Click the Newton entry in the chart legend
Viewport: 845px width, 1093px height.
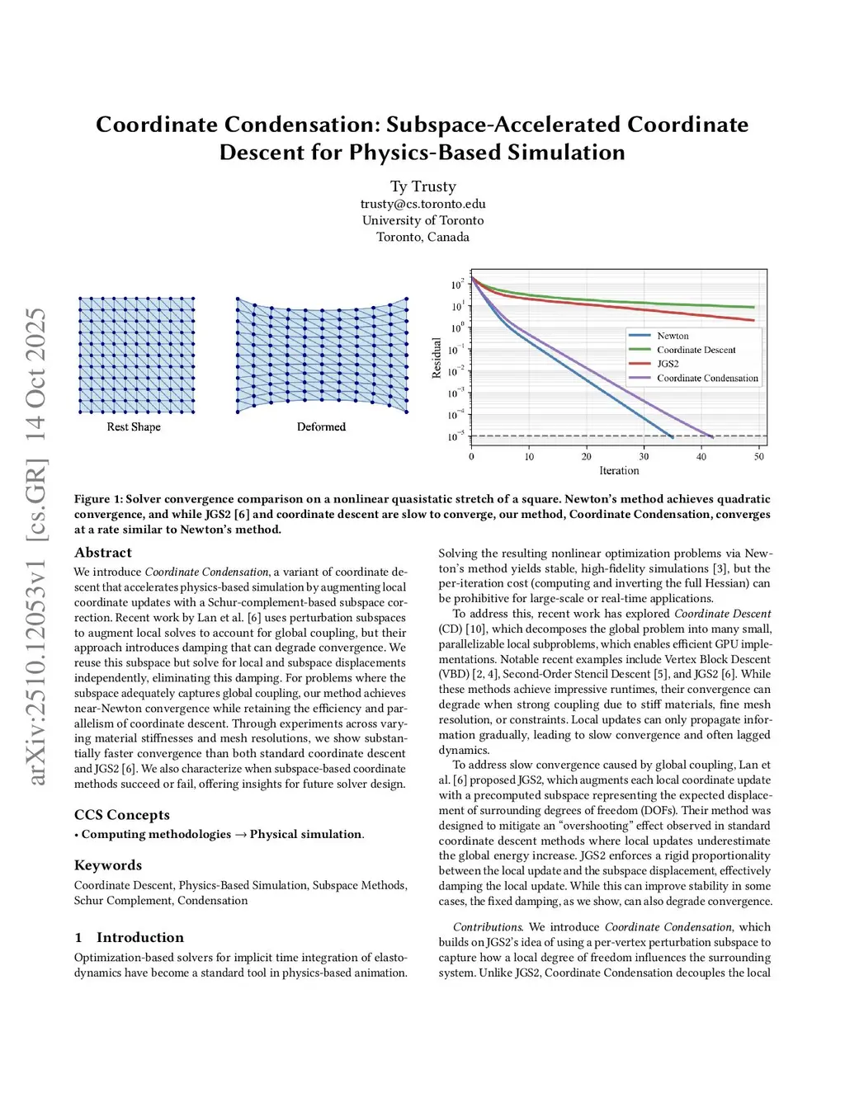click(x=673, y=336)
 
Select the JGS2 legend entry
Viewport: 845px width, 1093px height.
click(x=668, y=364)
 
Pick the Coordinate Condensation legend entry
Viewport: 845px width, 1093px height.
click(x=707, y=378)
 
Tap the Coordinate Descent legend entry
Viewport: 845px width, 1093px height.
click(x=696, y=350)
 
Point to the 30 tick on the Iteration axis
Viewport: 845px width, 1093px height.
click(x=644, y=456)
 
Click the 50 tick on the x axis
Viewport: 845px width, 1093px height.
click(x=759, y=456)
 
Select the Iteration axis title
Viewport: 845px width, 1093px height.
click(x=619, y=470)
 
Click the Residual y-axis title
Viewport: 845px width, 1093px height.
click(x=437, y=358)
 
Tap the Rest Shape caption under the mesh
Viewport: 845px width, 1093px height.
click(x=134, y=426)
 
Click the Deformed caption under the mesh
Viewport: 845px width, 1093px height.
click(x=321, y=426)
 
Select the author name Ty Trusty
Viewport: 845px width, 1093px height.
click(x=422, y=186)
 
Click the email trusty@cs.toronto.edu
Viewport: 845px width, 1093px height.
click(x=422, y=204)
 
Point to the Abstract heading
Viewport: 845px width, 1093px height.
click(x=103, y=553)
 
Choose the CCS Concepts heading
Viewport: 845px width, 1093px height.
click(x=122, y=815)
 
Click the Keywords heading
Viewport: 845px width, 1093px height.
click(x=108, y=865)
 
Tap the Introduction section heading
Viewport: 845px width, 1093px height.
click(x=139, y=937)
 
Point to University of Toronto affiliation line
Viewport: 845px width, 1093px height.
click(x=422, y=220)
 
